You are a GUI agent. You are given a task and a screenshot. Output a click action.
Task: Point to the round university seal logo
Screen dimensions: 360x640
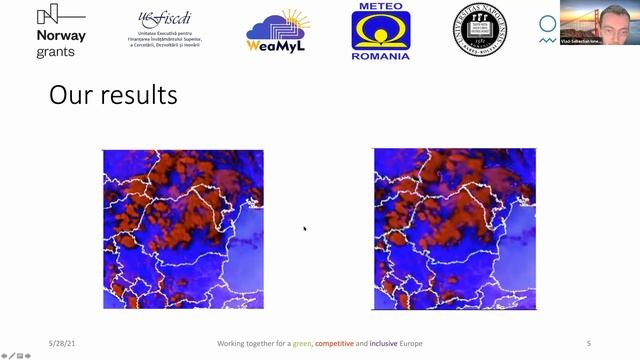coord(482,29)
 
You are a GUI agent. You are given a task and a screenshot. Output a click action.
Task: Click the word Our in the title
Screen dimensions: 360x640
coord(69,95)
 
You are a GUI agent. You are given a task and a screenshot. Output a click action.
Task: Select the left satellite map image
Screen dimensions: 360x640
coord(183,229)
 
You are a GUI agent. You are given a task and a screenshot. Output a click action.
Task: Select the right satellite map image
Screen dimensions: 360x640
coord(454,229)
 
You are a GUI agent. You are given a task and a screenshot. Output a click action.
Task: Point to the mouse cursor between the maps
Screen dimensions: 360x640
coord(305,229)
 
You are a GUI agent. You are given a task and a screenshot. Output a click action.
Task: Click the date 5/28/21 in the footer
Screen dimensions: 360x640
coord(63,343)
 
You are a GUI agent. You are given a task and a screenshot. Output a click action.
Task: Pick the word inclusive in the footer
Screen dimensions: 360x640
coord(385,343)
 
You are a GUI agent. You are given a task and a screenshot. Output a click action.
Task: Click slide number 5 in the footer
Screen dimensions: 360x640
coord(589,343)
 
